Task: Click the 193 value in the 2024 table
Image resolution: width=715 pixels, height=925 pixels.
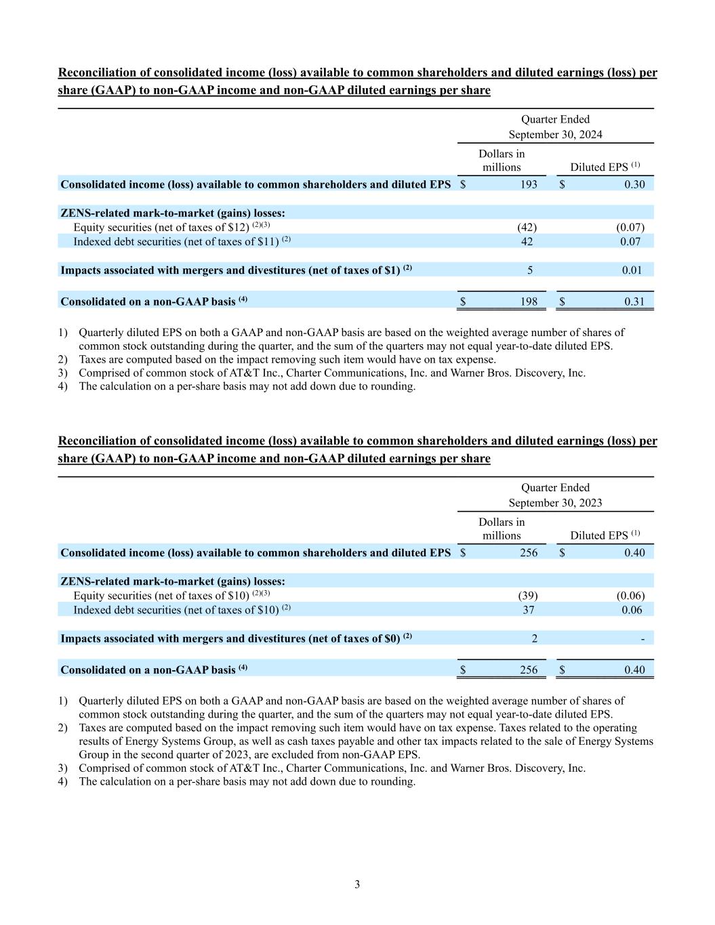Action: [529, 184]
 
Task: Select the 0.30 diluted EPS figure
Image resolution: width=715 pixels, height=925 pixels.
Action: [634, 184]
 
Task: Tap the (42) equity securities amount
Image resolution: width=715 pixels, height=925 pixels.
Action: [527, 228]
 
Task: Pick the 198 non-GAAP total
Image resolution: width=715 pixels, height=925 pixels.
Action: [529, 302]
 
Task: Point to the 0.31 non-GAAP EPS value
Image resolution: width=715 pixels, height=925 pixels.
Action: [634, 302]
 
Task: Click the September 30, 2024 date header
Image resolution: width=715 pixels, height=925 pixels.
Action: [555, 134]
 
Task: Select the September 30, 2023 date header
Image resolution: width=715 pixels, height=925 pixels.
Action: [555, 503]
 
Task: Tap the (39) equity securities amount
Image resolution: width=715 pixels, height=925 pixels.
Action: [527, 596]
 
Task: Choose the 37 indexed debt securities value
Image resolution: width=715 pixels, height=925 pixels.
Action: [528, 610]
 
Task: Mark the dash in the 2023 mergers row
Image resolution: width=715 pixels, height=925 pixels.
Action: [642, 638]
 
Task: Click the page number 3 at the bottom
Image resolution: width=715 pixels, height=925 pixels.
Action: [357, 884]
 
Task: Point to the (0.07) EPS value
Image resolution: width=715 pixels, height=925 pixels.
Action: [630, 228]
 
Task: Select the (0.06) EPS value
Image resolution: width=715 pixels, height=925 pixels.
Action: [630, 596]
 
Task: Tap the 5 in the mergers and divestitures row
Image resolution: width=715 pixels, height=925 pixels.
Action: [529, 270]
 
